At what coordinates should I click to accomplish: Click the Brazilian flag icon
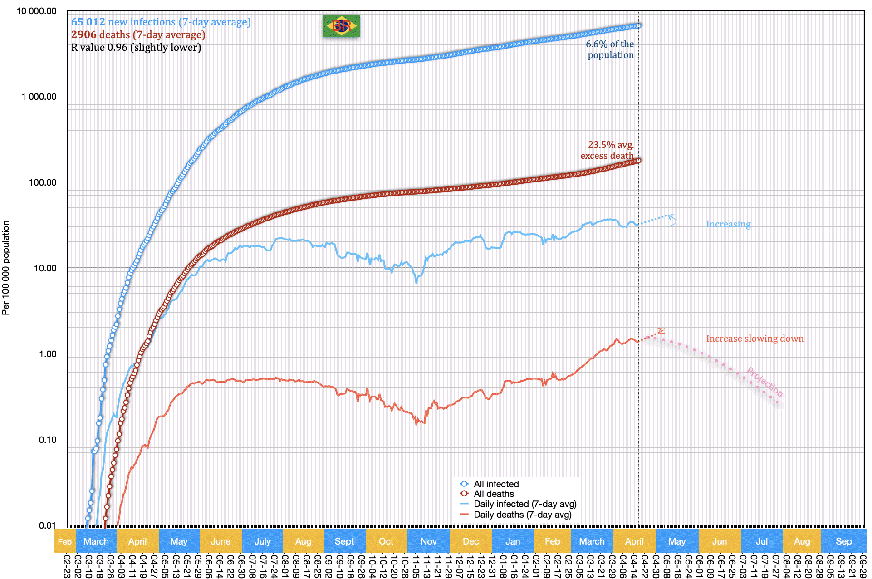(341, 26)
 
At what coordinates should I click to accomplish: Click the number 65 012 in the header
(88, 22)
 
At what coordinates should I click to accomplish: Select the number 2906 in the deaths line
(83, 34)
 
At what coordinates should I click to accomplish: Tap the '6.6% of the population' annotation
(610, 49)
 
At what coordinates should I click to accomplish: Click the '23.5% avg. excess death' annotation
(607, 150)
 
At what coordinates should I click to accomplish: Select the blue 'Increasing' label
(728, 224)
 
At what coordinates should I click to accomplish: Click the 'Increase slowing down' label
(754, 339)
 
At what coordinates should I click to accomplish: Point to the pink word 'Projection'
(764, 382)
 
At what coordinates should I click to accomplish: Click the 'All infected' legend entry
(496, 484)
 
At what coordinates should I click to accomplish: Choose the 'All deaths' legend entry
(494, 494)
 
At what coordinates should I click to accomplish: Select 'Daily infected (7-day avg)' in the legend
(525, 504)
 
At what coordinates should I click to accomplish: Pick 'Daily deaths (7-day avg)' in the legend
(522, 515)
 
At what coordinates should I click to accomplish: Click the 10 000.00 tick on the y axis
(36, 11)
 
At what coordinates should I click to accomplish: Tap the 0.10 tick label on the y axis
(48, 440)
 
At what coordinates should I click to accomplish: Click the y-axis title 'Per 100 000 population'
(6, 268)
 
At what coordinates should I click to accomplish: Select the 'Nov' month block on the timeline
(428, 541)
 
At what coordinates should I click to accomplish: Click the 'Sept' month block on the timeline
(344, 541)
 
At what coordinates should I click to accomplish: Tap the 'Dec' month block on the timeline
(470, 541)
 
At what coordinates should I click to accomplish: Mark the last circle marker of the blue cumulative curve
(638, 25)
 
